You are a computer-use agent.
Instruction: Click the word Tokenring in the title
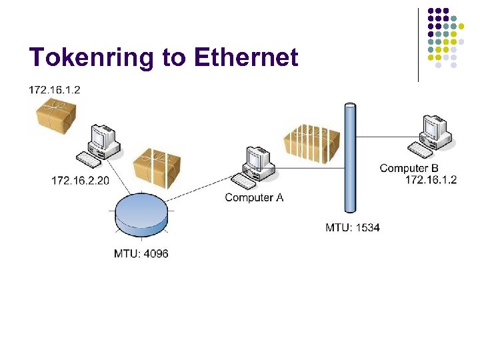click(91, 58)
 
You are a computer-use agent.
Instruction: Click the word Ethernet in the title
click(246, 58)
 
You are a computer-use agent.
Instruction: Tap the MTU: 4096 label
click(141, 253)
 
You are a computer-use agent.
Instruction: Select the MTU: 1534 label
click(353, 227)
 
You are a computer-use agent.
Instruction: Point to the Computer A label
click(254, 197)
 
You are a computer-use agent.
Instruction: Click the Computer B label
click(409, 168)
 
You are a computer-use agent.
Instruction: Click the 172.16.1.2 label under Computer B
click(431, 180)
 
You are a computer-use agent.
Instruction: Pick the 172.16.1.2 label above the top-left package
click(55, 89)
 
